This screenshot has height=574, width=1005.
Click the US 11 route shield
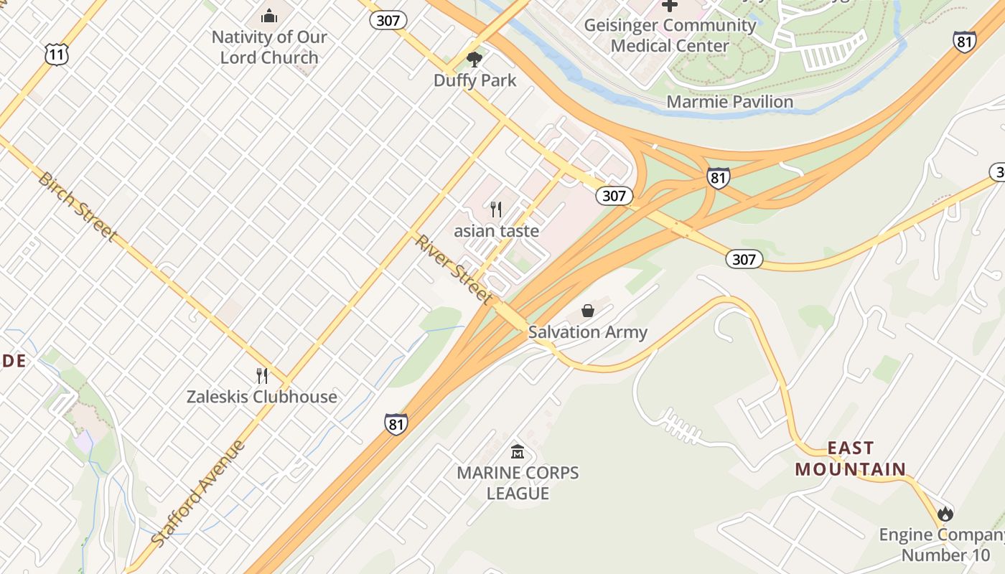[x=56, y=54]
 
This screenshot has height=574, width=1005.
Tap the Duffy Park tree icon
[x=474, y=60]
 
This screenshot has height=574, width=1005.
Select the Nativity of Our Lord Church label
[x=269, y=47]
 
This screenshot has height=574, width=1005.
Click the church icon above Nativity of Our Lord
[x=269, y=15]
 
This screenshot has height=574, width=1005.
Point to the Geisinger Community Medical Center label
[x=670, y=35]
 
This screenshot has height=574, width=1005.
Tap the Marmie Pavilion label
[x=729, y=102]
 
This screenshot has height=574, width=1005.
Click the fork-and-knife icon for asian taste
[x=495, y=210]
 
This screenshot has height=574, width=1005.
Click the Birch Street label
[x=77, y=206]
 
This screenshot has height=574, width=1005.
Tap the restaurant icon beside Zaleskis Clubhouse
[x=262, y=375]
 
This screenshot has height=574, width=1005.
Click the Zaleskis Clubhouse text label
[x=262, y=397]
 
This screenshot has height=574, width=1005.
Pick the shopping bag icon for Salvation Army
[x=588, y=311]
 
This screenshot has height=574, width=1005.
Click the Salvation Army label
[x=588, y=332]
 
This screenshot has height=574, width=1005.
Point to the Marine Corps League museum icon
[x=518, y=452]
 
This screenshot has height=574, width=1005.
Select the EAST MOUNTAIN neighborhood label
[x=851, y=458]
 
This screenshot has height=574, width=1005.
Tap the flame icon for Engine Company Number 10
[x=945, y=514]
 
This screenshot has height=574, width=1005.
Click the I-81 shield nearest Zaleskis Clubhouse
[x=396, y=423]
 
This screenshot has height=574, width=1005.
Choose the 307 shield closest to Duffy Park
[x=388, y=20]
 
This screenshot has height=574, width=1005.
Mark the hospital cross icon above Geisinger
[x=670, y=6]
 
